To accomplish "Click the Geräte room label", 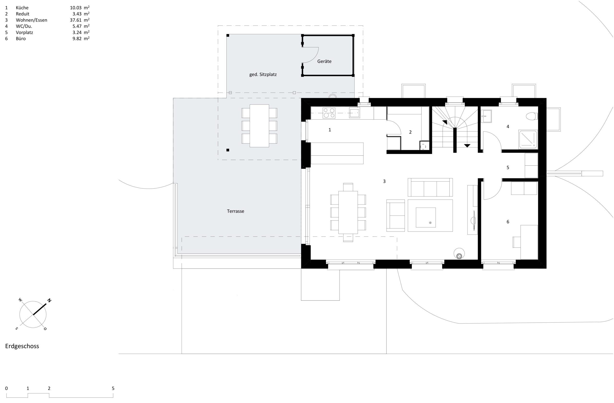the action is tap(324, 61).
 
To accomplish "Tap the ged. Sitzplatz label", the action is tap(263, 75).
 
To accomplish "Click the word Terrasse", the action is tap(235, 211).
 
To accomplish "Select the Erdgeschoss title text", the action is tap(22, 346).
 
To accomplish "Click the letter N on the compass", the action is tap(49, 300).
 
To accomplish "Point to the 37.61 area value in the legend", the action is tap(76, 20).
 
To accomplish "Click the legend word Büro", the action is tap(21, 39).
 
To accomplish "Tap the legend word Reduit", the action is tap(23, 14).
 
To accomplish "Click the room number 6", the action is tap(508, 222).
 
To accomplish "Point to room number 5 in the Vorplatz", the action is tap(508, 167).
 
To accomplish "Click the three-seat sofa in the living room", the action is tap(430, 187).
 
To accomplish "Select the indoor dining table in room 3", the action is tap(348, 212).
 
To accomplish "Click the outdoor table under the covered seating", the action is tap(259, 126).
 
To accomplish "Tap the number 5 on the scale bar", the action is tap(113, 388).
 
